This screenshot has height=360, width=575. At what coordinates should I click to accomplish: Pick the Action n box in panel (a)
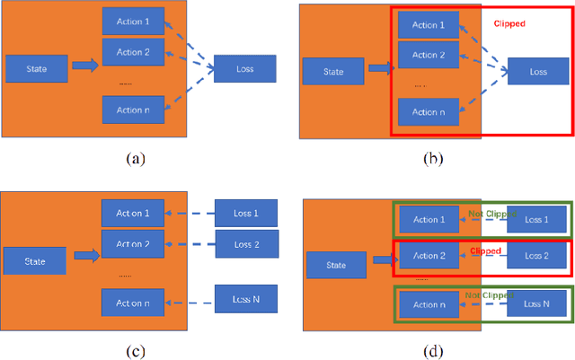coord(132,110)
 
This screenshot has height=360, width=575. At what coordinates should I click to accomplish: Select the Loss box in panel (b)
coord(538,71)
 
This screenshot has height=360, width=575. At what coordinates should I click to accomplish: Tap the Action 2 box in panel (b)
coord(428,55)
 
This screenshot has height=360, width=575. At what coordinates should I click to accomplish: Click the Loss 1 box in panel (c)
coord(245,213)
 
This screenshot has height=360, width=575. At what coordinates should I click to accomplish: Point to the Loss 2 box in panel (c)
coord(245,244)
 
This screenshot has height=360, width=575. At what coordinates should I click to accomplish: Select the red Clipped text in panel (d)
coord(484,252)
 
